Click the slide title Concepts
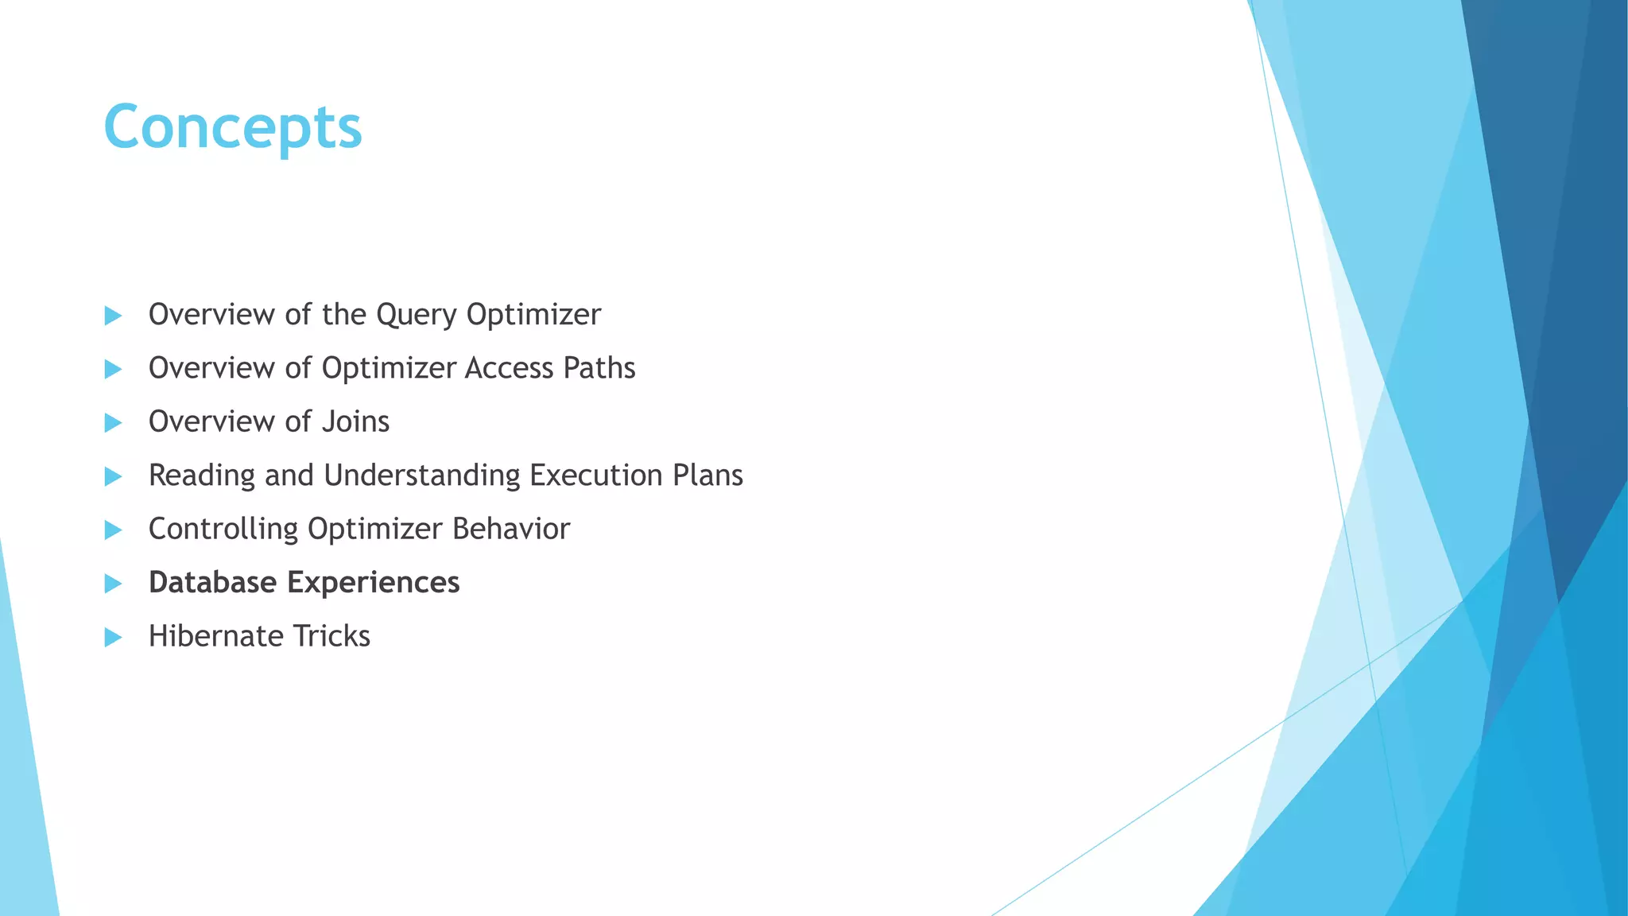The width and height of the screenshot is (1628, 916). click(x=233, y=127)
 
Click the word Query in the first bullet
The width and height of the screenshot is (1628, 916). click(x=417, y=316)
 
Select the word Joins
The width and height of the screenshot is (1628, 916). click(x=355, y=421)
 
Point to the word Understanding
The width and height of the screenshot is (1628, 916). click(x=422, y=475)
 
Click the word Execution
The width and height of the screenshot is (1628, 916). click(x=596, y=475)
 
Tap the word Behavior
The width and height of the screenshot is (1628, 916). click(x=511, y=529)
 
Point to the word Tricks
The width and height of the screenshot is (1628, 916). click(x=331, y=636)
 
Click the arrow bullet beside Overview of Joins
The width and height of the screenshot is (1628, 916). click(x=113, y=422)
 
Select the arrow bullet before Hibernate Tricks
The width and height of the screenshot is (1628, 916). click(x=113, y=637)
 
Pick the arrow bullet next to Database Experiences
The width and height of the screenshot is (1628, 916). click(x=113, y=584)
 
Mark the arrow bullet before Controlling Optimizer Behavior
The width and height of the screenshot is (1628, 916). click(x=113, y=530)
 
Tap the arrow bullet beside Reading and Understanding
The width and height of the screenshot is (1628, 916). click(x=113, y=476)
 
